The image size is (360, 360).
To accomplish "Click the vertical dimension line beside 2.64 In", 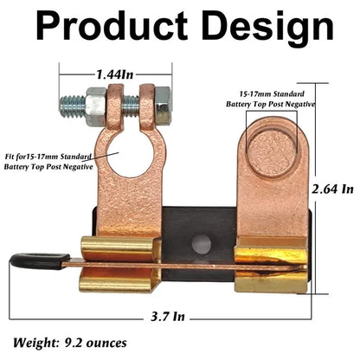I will click(x=317, y=186).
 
